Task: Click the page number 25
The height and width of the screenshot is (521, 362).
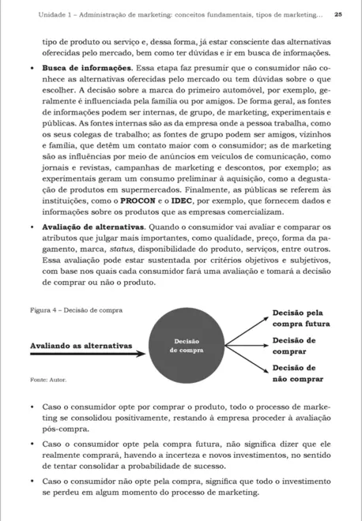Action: point(338,13)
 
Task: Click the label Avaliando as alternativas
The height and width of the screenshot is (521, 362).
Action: point(81,346)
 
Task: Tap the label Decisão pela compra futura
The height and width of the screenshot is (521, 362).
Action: point(298,318)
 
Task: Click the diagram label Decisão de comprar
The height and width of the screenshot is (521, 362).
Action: point(294,346)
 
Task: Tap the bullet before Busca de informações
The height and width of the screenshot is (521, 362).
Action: point(31,69)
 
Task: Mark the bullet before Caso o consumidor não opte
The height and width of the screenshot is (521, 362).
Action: point(31,482)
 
